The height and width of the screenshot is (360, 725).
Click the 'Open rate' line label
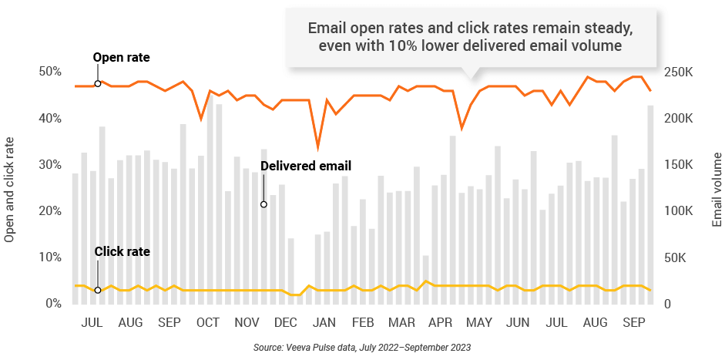pos(121,57)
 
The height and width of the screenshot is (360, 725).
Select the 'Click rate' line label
pos(122,251)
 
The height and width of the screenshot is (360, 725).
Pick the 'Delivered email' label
pos(305,166)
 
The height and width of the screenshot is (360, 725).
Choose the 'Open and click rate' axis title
pos(10,189)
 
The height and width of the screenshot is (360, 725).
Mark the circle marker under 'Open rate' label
pos(98,83)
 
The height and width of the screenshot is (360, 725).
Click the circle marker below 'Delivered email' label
pos(263,204)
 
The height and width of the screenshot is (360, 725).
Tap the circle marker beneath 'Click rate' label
pos(98,290)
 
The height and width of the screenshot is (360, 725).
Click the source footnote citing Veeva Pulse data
pos(362,348)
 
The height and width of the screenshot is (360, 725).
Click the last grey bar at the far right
pos(650,204)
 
